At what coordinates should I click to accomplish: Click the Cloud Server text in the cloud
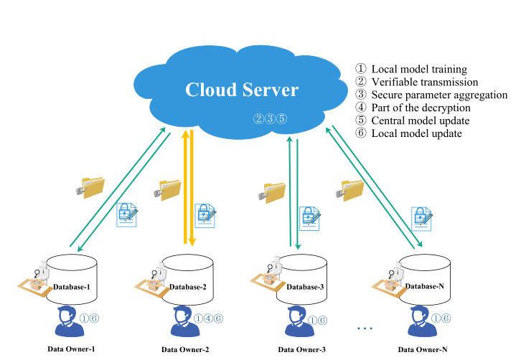[x=241, y=90]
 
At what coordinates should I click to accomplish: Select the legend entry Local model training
[x=418, y=70]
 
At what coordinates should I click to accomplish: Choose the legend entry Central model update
[x=421, y=120]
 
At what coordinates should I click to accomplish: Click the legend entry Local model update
[x=416, y=133]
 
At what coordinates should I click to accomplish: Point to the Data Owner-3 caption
[x=301, y=349]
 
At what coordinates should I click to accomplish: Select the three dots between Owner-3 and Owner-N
[x=364, y=329]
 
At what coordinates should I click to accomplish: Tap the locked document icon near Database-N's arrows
[x=421, y=217]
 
